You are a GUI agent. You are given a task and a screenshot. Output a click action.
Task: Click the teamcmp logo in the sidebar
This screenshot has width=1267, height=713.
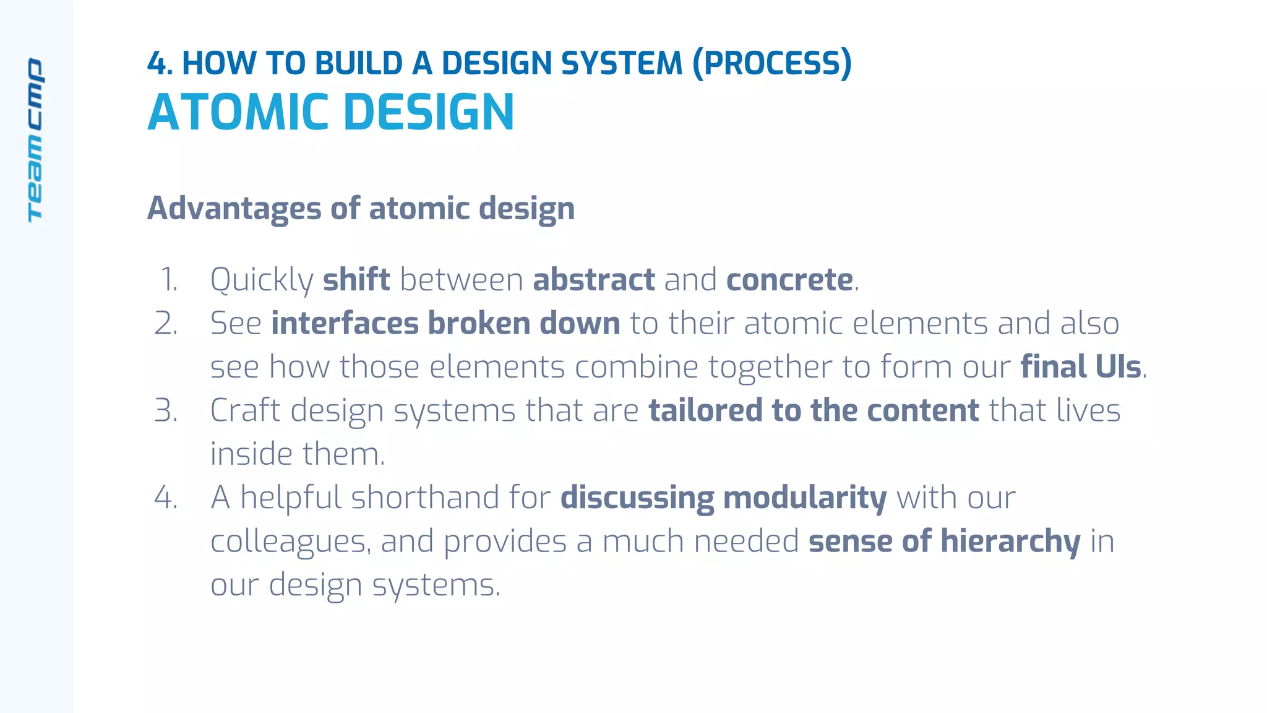[35, 140]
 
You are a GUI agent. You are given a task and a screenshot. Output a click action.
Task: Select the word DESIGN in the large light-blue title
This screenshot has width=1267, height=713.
[428, 113]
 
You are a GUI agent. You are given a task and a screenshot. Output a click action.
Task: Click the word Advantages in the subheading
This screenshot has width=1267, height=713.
[234, 209]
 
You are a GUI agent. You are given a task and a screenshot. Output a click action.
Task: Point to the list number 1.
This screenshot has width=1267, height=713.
[169, 280]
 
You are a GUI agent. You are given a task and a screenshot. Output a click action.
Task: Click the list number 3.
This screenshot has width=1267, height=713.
[166, 410]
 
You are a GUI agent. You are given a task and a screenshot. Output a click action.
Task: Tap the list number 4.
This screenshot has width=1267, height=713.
[166, 498]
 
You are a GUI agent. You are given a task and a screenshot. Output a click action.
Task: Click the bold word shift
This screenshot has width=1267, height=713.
[356, 280]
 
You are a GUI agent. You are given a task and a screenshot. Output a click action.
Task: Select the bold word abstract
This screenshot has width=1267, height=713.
[594, 280]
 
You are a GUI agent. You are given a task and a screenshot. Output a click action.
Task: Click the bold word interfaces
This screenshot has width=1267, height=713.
[345, 324]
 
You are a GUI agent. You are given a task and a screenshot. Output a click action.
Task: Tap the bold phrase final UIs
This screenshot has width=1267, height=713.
[1080, 367]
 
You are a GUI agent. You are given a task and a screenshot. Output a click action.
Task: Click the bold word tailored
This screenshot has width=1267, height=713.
[705, 410]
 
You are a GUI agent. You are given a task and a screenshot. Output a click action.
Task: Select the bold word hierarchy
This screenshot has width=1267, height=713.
[1010, 542]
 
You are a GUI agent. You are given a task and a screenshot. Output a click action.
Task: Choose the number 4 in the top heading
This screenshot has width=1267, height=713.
[156, 63]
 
